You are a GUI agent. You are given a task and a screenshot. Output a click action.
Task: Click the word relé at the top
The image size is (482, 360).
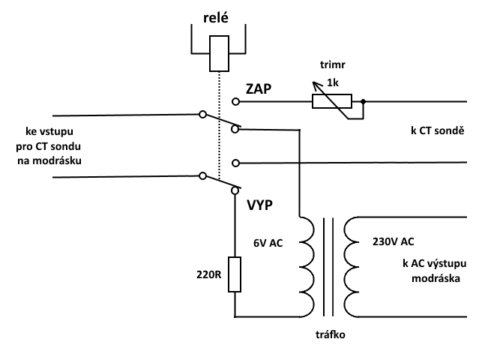click(215, 17)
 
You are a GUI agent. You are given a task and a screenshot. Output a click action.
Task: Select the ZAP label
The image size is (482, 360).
click(259, 88)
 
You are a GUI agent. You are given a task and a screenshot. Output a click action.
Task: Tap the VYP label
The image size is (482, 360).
click(260, 205)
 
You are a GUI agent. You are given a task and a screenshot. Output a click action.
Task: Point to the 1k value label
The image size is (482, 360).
click(333, 82)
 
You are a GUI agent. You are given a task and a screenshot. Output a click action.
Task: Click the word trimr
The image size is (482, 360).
click(332, 64)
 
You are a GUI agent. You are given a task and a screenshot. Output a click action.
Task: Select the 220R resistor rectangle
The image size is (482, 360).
click(235, 274)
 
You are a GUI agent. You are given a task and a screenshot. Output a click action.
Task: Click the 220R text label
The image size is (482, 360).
click(208, 274)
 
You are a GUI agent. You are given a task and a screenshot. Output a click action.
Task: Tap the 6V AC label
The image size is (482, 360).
click(268, 243)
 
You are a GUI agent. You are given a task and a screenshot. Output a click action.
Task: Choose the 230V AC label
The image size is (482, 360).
click(393, 241)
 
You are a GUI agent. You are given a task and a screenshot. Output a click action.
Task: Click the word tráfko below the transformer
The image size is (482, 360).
click(331, 334)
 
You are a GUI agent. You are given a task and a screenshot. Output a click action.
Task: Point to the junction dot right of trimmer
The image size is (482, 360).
click(363, 101)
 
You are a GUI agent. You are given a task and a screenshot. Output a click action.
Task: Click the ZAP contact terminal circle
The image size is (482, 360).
click(236, 101)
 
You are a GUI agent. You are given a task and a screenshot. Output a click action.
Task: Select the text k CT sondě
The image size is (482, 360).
click(438, 130)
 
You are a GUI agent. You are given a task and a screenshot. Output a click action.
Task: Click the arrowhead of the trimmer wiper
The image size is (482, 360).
click(315, 84)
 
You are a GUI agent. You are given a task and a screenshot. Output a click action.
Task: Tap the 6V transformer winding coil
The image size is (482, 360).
click(307, 267)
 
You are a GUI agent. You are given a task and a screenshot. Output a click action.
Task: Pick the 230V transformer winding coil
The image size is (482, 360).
click(352, 267)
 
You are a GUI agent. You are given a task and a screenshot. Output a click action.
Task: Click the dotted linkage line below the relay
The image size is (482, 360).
click(219, 126)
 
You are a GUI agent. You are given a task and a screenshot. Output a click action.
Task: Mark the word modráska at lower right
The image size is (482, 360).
click(436, 278)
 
